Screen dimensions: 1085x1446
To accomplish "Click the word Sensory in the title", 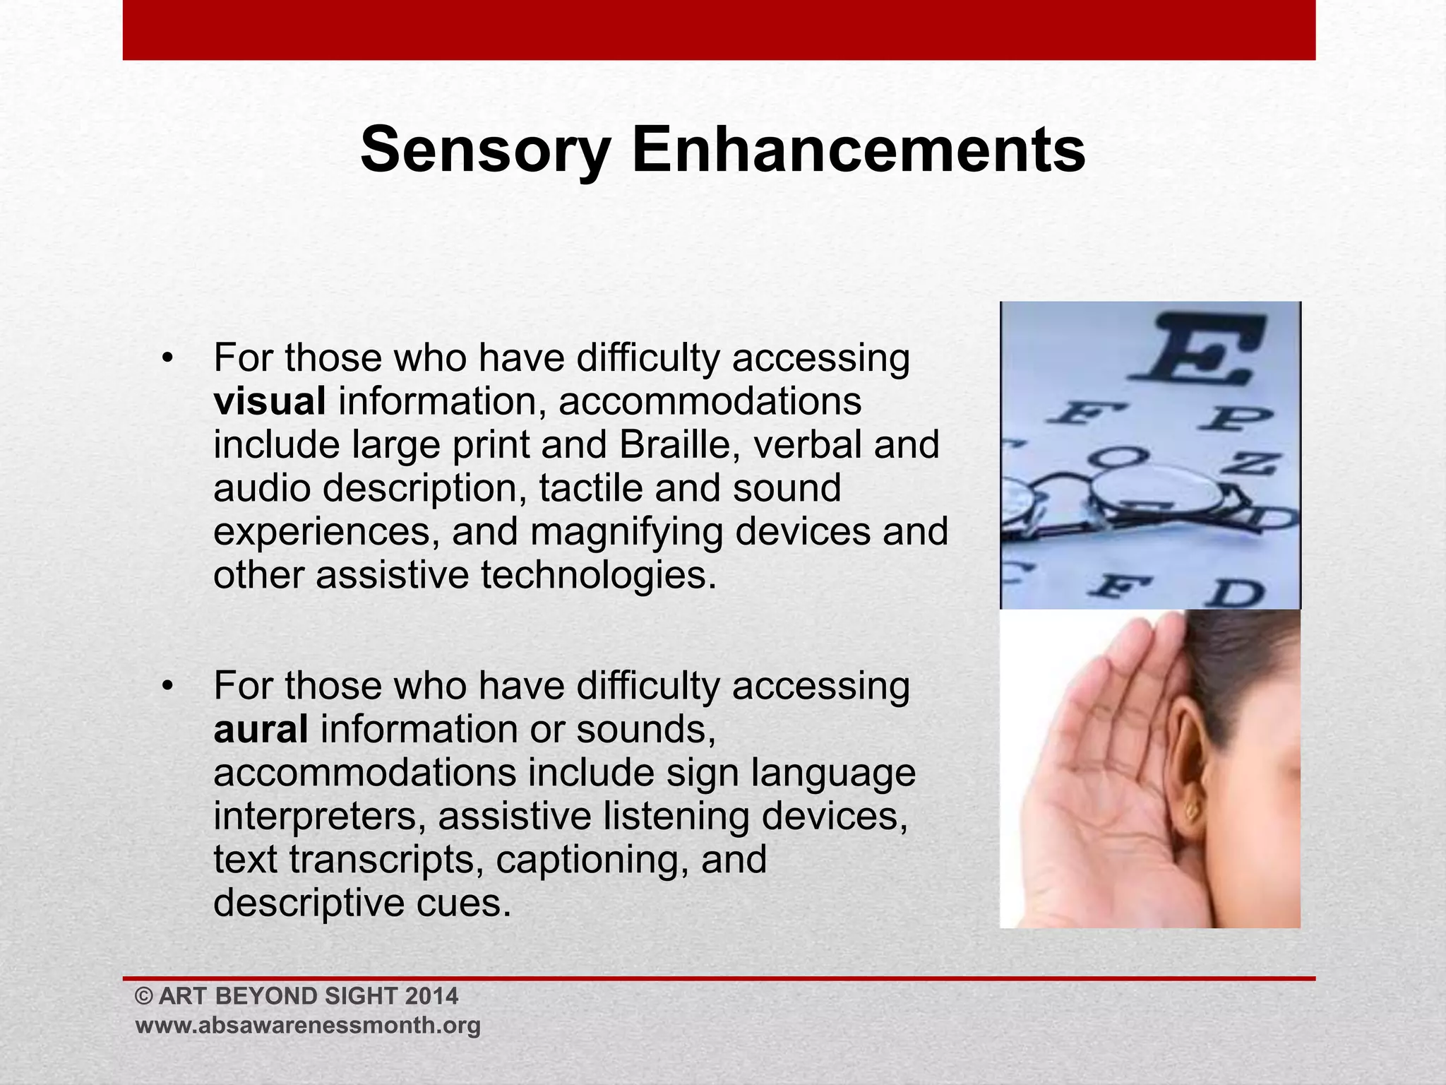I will click(485, 150).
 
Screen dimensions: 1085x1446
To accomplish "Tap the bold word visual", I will click(270, 401).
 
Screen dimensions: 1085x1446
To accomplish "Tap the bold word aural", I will click(261, 729).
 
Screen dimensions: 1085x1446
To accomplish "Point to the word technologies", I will click(599, 575).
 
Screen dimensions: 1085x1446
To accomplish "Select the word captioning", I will click(592, 860).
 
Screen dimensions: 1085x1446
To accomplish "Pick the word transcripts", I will click(386, 860).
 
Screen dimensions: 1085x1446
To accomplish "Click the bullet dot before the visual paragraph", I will click(167, 358).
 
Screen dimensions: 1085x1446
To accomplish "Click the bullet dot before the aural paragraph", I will click(167, 686).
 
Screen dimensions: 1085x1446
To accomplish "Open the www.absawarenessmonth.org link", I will click(308, 1025).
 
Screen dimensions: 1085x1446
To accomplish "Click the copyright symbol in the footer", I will click(144, 997).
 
